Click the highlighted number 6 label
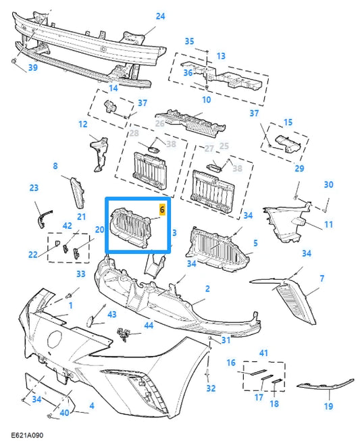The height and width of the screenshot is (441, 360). click(161, 209)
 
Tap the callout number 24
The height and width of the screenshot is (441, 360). click(159, 16)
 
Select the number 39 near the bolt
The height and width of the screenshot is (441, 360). click(32, 68)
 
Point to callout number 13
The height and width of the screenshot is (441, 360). click(221, 55)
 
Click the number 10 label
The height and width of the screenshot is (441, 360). click(206, 99)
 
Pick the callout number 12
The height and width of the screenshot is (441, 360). click(82, 124)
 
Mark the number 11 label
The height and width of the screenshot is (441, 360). click(328, 224)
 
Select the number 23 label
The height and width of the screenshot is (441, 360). click(34, 188)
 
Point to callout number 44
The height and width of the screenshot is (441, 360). click(148, 326)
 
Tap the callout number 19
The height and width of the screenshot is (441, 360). click(328, 407)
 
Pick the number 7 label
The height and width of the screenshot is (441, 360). click(322, 278)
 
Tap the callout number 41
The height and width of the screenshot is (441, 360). click(263, 353)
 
